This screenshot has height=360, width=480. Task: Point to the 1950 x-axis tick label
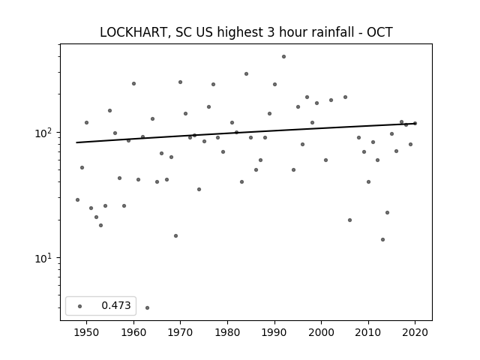click(87, 332)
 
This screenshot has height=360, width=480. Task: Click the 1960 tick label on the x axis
click(133, 332)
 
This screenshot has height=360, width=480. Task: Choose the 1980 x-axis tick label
click(227, 332)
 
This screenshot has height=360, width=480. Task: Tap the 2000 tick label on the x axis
click(322, 332)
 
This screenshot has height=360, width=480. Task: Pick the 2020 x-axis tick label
click(415, 332)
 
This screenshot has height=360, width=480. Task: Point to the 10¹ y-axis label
click(44, 258)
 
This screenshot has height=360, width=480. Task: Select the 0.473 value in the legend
click(116, 305)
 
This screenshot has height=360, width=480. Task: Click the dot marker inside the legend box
click(80, 306)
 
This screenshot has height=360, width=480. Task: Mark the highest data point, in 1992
click(283, 57)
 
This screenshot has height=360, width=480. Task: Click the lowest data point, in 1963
click(147, 307)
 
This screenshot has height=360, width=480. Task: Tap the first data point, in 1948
click(77, 200)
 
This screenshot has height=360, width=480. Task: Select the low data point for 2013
click(382, 239)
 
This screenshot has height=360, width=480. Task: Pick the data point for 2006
click(350, 220)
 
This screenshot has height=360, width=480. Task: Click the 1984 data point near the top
click(246, 73)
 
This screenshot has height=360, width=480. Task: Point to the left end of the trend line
click(76, 142)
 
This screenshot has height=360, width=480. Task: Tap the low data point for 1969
click(175, 235)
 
